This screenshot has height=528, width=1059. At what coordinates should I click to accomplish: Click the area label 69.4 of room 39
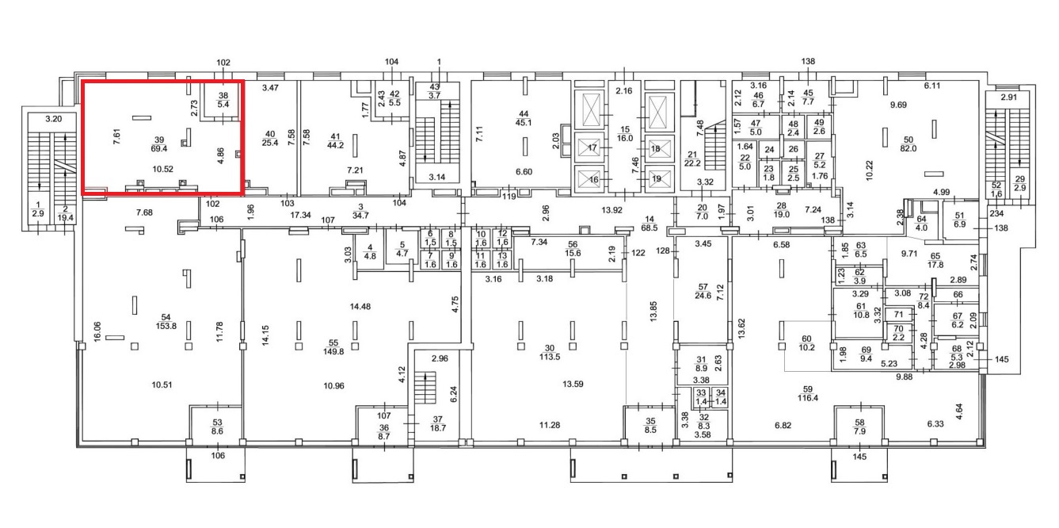(x=159, y=148)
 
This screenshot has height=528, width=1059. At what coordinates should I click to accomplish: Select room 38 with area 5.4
(x=223, y=100)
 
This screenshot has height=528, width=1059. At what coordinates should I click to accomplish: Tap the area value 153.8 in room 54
(x=166, y=326)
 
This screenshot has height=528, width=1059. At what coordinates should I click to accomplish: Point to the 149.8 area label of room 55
(x=333, y=351)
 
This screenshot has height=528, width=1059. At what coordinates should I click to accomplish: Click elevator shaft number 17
(x=592, y=148)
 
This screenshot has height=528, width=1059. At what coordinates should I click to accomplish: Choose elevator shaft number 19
(x=656, y=179)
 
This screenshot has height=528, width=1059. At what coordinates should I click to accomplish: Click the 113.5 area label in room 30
(x=550, y=357)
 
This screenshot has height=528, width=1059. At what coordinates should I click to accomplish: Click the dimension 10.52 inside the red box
(x=162, y=169)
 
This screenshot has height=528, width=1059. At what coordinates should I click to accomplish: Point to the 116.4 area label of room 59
(x=807, y=398)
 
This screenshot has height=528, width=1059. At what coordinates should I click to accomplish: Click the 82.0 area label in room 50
(x=909, y=148)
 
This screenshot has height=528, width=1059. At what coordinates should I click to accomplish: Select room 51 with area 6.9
(x=959, y=220)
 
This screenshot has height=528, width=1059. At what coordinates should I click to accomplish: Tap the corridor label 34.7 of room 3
(x=360, y=216)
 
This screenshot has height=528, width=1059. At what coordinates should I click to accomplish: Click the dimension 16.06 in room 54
(x=97, y=331)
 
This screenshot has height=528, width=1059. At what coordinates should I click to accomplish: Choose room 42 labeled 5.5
(x=394, y=98)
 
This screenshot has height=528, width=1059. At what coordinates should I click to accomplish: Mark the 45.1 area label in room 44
(x=524, y=123)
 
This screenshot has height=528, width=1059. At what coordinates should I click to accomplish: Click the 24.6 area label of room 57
(x=703, y=297)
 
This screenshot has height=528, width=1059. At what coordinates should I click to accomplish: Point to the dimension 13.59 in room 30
(x=573, y=385)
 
